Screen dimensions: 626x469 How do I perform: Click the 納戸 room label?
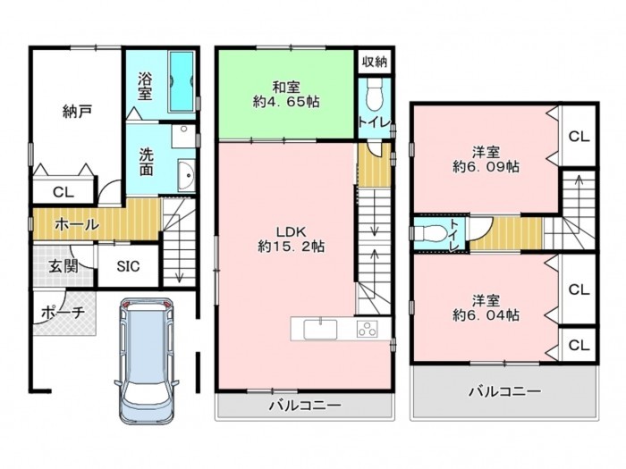78,112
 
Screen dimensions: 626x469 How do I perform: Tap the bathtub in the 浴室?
182,81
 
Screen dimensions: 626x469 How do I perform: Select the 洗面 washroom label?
146,163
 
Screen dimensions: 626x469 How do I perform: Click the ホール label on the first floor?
77,225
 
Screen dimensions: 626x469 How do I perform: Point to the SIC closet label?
128,266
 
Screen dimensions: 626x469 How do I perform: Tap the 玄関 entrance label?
63,266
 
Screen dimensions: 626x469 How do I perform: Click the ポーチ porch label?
63,312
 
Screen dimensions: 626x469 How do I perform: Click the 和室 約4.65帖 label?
286,95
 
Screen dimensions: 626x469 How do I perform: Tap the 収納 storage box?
375,62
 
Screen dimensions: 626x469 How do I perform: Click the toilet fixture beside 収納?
374,94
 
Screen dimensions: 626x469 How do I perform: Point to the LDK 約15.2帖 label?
291,239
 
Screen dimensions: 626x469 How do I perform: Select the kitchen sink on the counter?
320,330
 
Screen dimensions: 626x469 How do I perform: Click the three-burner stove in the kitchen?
368,330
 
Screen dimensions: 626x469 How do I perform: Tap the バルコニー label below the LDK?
305,406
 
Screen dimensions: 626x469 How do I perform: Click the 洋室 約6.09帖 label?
486,159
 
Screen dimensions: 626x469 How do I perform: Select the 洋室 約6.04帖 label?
486,307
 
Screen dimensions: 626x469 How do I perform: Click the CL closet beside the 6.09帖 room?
579,137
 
